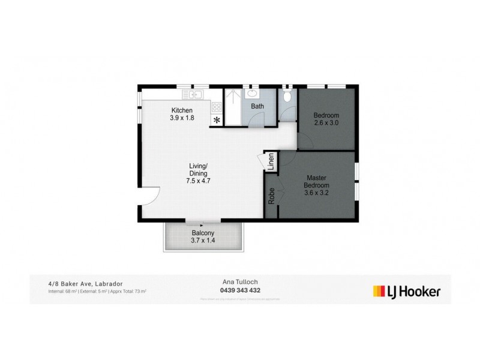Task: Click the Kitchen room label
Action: pyautogui.click(x=182, y=110)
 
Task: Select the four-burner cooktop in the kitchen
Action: pyautogui.click(x=216, y=107)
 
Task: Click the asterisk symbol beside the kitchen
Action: pyautogui.click(x=216, y=120)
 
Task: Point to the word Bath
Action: pyautogui.click(x=257, y=106)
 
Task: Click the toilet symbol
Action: pyautogui.click(x=287, y=96)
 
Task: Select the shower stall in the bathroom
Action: pyautogui.click(x=232, y=106)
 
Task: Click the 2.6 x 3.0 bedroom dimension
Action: pyautogui.click(x=327, y=123)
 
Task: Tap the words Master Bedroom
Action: pyautogui.click(x=316, y=182)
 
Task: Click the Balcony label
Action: pyautogui.click(x=202, y=233)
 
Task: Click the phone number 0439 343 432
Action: pyautogui.click(x=240, y=291)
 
